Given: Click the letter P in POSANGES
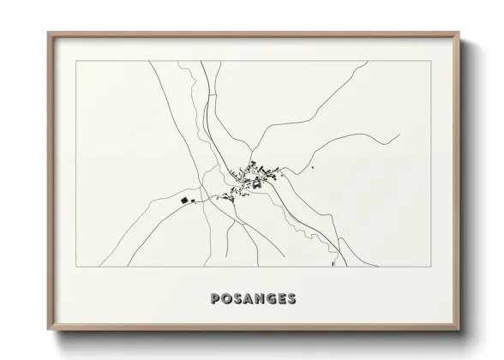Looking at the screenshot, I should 215,299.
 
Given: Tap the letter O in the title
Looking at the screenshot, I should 227,299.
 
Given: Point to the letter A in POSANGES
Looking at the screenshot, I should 249,299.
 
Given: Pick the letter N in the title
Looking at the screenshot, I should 260,299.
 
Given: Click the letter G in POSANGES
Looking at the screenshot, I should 271,299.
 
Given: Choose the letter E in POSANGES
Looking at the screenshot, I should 282,299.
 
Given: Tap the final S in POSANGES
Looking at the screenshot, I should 292,299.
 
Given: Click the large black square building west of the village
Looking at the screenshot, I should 184,201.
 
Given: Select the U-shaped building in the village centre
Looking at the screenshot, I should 255,181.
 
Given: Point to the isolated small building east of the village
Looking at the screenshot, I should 314,167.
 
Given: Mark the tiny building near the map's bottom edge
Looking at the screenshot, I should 332,265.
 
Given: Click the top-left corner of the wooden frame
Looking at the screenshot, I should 48,33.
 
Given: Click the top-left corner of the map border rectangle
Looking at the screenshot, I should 75,61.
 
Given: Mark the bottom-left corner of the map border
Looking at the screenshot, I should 75,267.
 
